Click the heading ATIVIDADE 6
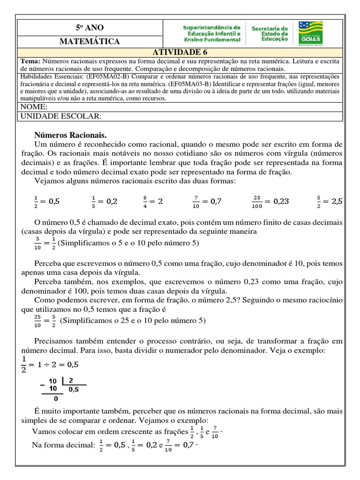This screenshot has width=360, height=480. tap(180, 52)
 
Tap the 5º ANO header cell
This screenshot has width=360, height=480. tap(89, 28)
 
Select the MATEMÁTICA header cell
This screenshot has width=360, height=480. tap(89, 42)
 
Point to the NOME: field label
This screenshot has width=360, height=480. tap(34, 107)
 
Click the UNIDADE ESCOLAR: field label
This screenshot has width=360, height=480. tap(60, 116)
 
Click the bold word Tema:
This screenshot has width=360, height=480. tap(31, 60)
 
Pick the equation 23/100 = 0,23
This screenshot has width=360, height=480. tap(270, 202)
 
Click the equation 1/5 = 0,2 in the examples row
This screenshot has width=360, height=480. tap(104, 202)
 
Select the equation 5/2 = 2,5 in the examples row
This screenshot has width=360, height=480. tap(330, 202)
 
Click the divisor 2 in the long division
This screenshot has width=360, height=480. tap(71, 380)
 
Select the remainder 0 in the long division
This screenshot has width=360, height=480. tap(55, 399)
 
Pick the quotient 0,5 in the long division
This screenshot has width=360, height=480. tap(74, 389)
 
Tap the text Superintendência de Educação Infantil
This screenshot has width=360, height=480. tap(212, 34)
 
